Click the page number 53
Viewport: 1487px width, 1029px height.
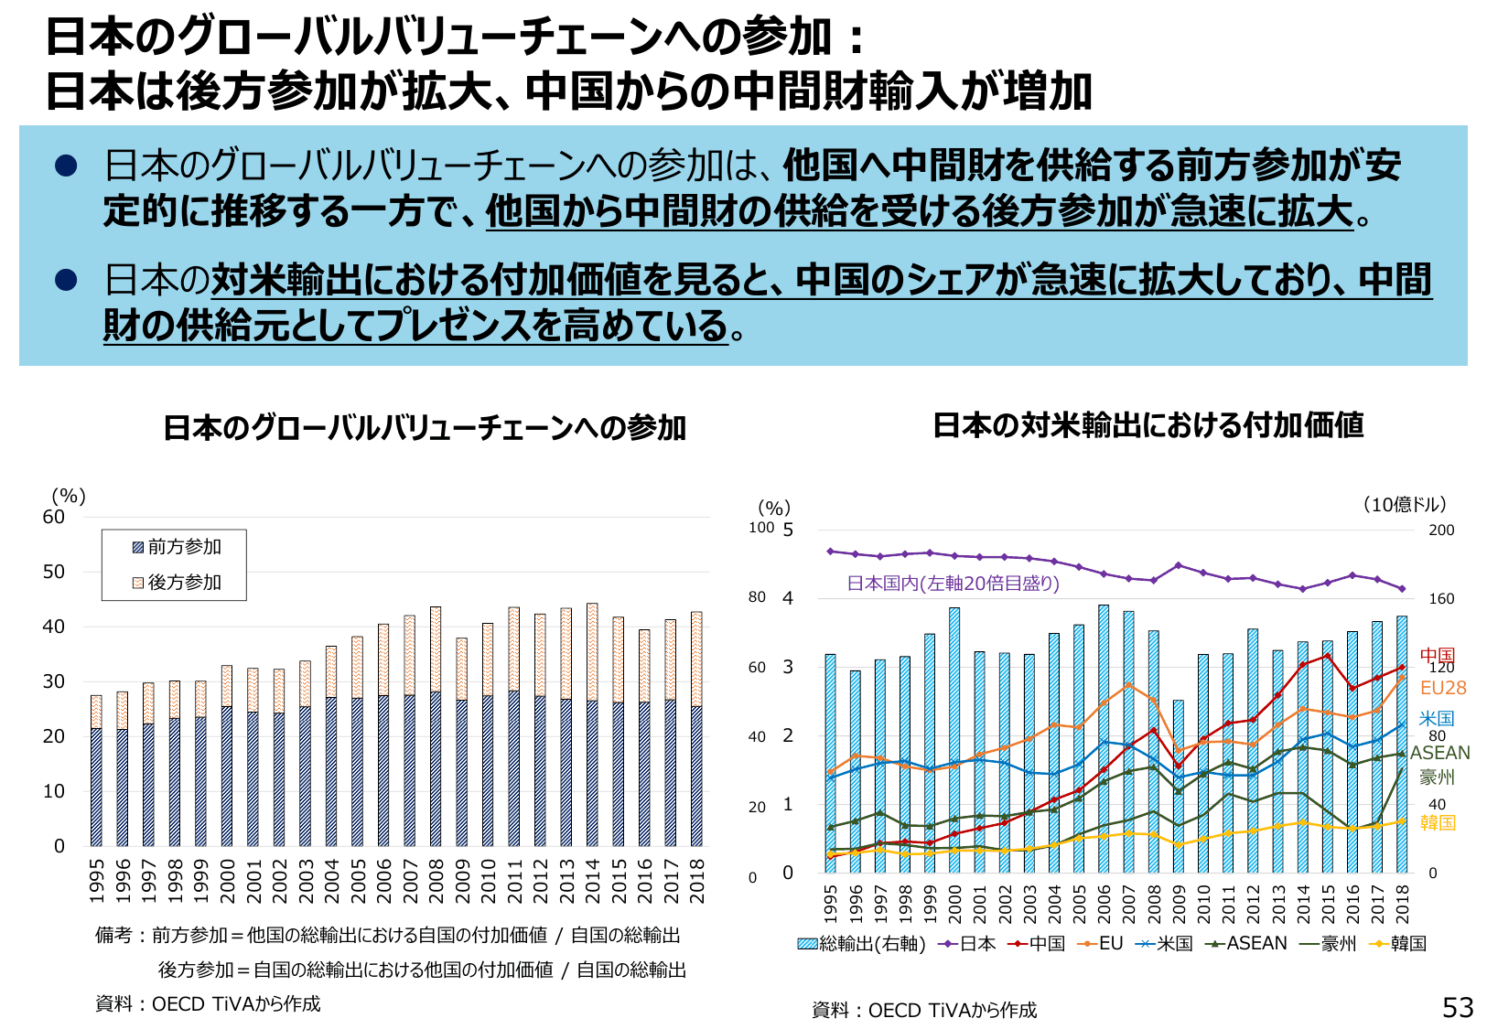[x=1458, y=1007]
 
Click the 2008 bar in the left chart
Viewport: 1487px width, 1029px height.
[x=436, y=726]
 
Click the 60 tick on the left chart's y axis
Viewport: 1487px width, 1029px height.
[x=54, y=517]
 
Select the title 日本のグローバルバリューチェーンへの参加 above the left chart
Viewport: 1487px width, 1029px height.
[x=424, y=428]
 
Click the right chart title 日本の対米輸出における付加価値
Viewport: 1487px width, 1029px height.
[x=1148, y=425]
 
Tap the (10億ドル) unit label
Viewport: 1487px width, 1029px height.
[x=1404, y=505]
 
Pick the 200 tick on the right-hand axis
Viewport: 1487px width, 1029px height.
[x=1441, y=531]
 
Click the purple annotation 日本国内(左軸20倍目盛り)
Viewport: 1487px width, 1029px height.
[x=953, y=584]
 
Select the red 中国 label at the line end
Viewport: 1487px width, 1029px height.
[x=1438, y=655]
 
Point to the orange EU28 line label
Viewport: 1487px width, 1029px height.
[x=1443, y=688]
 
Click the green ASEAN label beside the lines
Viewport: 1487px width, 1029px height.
[x=1440, y=753]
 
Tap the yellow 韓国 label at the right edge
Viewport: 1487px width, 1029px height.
[x=1438, y=822]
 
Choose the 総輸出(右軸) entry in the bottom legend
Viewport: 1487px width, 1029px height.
[x=862, y=944]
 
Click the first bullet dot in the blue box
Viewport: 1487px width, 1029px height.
[x=66, y=166]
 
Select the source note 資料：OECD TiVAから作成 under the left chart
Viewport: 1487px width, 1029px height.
[x=208, y=1004]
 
